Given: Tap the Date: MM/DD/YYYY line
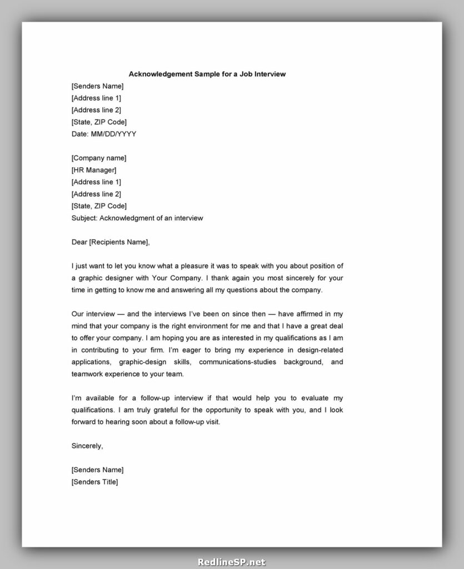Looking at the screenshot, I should (x=104, y=134).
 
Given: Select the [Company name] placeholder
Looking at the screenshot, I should (x=99, y=158).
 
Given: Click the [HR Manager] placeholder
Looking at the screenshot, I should (x=94, y=170).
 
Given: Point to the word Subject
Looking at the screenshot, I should (x=84, y=218).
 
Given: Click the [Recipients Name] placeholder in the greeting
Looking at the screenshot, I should (x=119, y=242).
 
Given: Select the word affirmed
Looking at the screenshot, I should (x=308, y=313).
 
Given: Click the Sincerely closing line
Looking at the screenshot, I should (x=87, y=446).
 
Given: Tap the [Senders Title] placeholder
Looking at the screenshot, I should (x=94, y=482).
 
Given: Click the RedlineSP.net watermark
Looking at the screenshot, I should (x=232, y=562).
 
